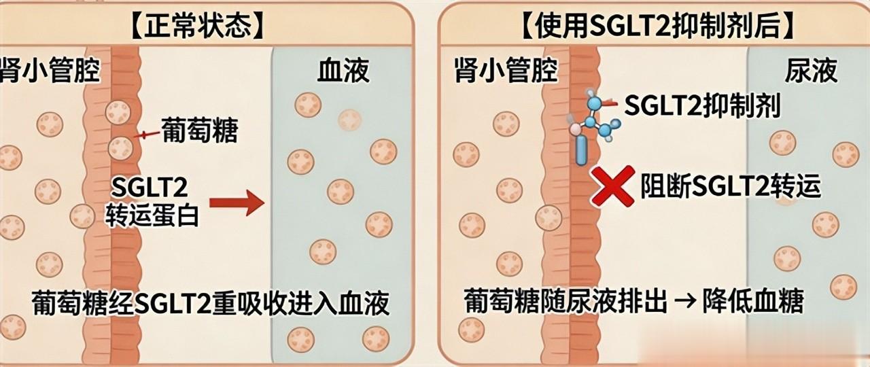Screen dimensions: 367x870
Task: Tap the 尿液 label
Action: coord(812,71)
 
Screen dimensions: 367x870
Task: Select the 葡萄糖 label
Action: coord(199,131)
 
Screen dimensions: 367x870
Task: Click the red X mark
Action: coord(612,186)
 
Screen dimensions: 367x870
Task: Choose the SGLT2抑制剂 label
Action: coord(701,105)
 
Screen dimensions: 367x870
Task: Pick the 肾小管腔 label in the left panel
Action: coord(51,71)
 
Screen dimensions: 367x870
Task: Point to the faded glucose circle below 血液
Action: coord(350,120)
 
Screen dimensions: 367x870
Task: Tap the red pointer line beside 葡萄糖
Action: coord(144,135)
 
